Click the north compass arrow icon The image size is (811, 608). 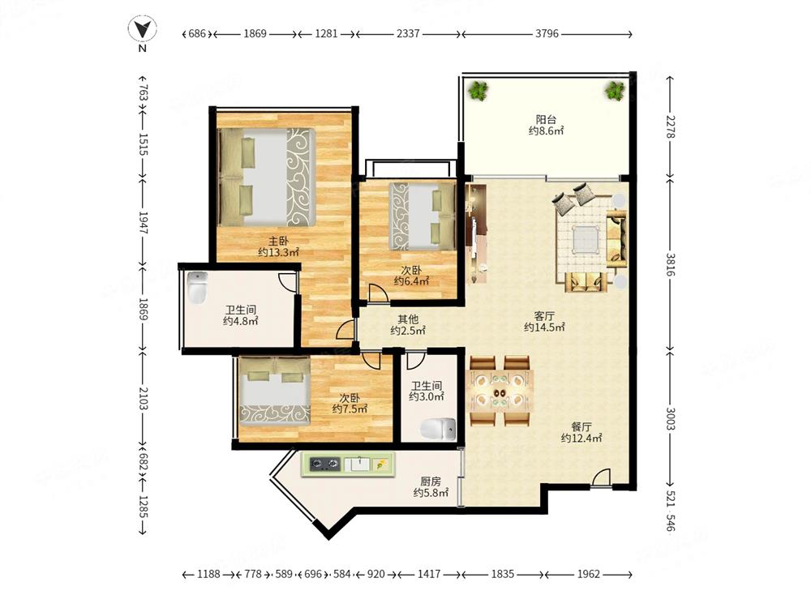[x=142, y=29]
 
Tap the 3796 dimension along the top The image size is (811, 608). [x=547, y=33]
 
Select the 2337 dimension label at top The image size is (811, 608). [x=408, y=33]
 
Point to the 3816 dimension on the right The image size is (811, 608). [x=671, y=264]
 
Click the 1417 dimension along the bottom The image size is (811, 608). [x=429, y=574]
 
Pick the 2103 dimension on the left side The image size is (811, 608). [x=144, y=398]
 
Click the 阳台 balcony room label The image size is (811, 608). [x=546, y=119]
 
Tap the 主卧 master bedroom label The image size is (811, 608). [x=278, y=241]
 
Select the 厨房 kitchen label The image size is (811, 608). [x=431, y=482]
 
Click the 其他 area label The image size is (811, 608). [x=408, y=319]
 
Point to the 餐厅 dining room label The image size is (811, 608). [x=581, y=426]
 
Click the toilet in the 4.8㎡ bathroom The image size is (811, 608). [x=197, y=288]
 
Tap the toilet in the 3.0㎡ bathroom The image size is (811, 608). [x=438, y=429]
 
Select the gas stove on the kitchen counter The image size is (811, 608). [x=325, y=464]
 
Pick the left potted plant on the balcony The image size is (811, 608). [x=478, y=91]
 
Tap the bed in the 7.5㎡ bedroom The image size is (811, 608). [x=275, y=390]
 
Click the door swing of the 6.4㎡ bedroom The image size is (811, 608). [x=378, y=293]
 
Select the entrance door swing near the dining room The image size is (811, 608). [x=600, y=477]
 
